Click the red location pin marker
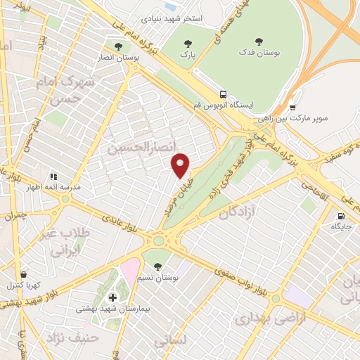click(181, 165)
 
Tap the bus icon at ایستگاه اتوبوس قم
click(222, 94)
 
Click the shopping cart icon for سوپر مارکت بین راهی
click(292, 108)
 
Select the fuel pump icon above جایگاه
click(341, 217)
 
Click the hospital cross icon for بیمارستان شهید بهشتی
click(112, 297)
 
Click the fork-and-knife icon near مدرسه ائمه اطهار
click(52, 176)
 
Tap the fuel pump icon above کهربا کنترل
click(23, 274)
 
